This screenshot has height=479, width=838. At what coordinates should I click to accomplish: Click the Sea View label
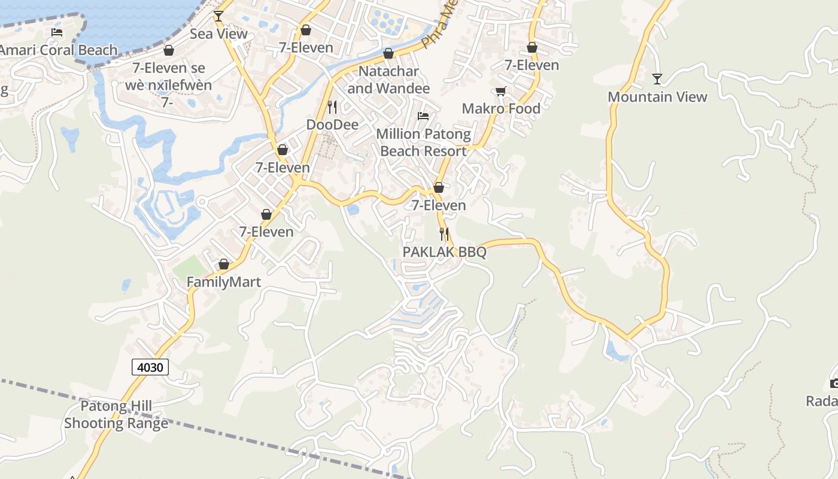click(218, 34)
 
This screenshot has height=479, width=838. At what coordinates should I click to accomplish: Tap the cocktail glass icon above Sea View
click(218, 16)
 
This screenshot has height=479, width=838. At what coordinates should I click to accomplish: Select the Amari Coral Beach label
click(59, 50)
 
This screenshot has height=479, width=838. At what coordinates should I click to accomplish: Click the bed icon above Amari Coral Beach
click(57, 32)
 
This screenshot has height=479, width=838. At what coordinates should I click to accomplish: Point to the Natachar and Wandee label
click(388, 80)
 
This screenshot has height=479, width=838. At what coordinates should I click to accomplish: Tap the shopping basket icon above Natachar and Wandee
click(388, 54)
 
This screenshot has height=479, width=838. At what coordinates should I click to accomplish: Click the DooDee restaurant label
click(332, 125)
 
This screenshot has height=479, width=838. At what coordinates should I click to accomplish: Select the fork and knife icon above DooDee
click(332, 107)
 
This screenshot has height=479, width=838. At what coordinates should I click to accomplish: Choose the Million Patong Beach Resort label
click(423, 143)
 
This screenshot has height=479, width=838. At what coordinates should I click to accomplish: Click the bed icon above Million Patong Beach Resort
click(423, 116)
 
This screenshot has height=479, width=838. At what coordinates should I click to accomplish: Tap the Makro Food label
click(501, 108)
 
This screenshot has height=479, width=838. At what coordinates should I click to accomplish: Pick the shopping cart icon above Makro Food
click(501, 91)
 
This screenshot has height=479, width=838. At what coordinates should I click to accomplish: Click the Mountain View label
click(657, 97)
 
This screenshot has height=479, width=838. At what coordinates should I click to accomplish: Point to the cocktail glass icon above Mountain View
click(657, 79)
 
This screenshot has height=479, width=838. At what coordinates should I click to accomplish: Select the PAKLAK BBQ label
click(444, 252)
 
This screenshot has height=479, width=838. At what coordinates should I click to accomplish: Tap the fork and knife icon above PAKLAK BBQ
click(444, 234)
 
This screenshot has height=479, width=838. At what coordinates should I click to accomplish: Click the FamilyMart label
click(224, 282)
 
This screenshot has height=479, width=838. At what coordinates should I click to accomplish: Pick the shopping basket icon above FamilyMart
click(224, 264)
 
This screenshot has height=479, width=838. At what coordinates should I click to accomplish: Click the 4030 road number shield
click(150, 367)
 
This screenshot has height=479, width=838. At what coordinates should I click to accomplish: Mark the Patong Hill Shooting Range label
click(116, 415)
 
